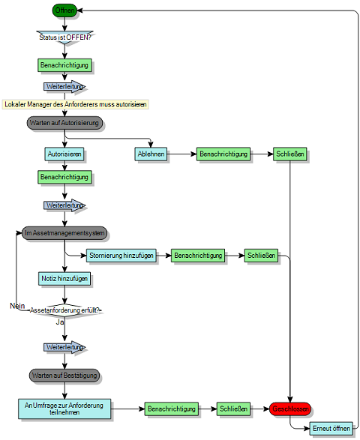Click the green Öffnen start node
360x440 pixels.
click(64, 10)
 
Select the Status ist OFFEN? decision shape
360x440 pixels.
click(64, 37)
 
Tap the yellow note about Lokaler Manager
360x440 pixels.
click(75, 103)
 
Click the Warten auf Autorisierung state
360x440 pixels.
click(64, 122)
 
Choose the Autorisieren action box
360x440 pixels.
click(64, 154)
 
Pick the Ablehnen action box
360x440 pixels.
click(151, 154)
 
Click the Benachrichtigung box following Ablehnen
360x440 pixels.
click(223, 154)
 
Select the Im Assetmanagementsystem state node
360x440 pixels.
click(64, 234)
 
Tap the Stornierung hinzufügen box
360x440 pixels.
click(121, 256)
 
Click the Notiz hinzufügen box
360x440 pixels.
click(64, 279)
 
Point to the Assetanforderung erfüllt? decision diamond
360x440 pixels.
click(64, 309)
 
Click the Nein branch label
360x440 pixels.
click(18, 306)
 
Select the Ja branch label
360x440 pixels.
click(59, 321)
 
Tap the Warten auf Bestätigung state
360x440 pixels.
click(64, 374)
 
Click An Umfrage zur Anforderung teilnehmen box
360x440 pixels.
click(64, 409)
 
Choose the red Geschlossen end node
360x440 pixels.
click(290, 409)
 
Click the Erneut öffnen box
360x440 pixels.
click(331, 429)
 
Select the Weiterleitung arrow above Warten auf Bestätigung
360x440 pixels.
click(64, 347)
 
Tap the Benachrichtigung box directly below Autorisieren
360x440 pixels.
click(64, 178)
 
